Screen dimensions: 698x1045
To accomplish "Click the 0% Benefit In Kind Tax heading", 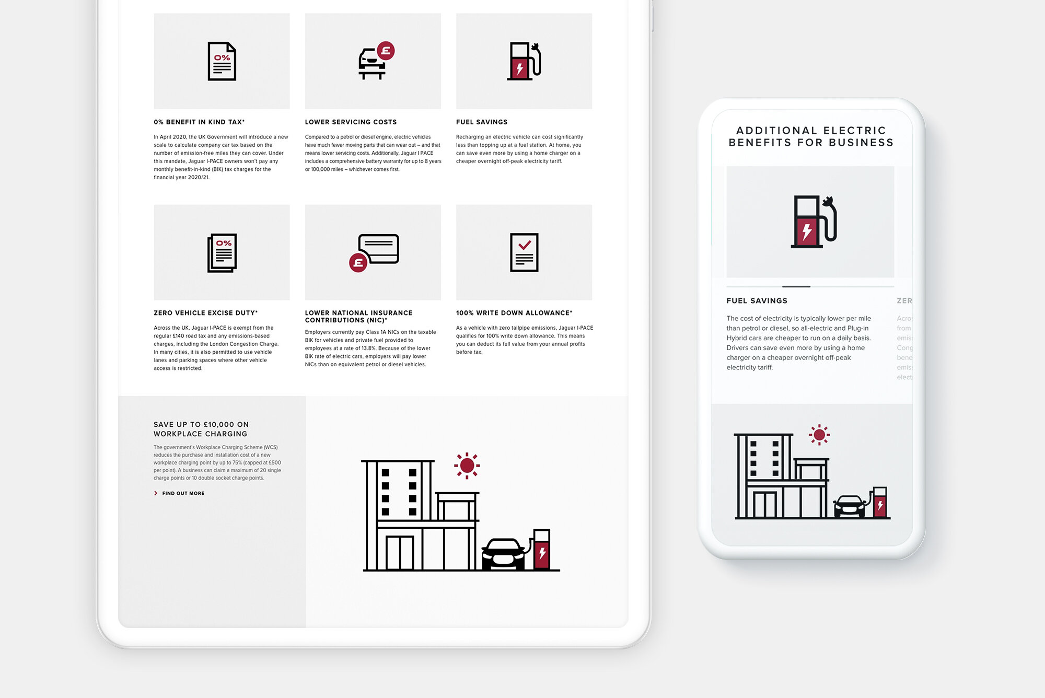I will click(x=199, y=122).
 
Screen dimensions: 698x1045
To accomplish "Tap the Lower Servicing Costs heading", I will click(x=351, y=122).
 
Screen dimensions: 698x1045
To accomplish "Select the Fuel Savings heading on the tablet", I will click(x=481, y=122).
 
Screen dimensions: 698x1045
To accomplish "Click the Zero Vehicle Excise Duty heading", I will click(x=205, y=313).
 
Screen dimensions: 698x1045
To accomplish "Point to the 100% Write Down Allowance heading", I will click(x=514, y=313).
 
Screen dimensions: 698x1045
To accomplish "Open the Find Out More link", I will click(x=183, y=493).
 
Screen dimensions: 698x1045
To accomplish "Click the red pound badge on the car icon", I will click(x=386, y=51).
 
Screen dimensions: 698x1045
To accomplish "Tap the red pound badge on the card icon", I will click(x=358, y=263).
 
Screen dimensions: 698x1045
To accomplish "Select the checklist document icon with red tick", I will click(x=524, y=252).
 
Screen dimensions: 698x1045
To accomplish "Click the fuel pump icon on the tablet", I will click(x=524, y=61).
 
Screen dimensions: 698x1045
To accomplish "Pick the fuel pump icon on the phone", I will click(x=813, y=222).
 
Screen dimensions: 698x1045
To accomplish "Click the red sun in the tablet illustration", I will click(x=467, y=465).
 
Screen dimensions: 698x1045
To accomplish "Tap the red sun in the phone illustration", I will click(x=819, y=434).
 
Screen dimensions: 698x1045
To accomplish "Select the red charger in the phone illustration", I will click(x=880, y=503).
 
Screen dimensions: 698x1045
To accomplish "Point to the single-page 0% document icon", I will click(x=222, y=61).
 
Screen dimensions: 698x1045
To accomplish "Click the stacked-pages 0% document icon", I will click(x=222, y=252).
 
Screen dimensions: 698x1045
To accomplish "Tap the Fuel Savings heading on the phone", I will click(x=757, y=301).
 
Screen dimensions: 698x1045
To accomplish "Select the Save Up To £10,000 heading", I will click(x=201, y=429).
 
